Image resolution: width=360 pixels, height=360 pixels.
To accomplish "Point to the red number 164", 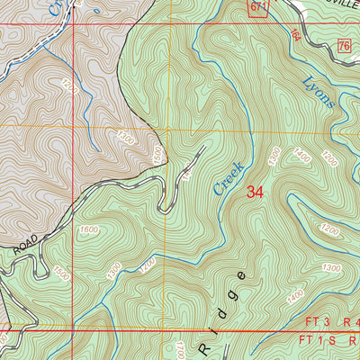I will (x=296, y=34).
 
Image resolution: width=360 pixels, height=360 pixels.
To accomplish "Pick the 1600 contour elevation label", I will (x=89, y=230).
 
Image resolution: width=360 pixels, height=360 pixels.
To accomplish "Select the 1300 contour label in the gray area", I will (x=126, y=139).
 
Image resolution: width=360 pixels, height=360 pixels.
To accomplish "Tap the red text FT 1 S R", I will (x=329, y=341).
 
